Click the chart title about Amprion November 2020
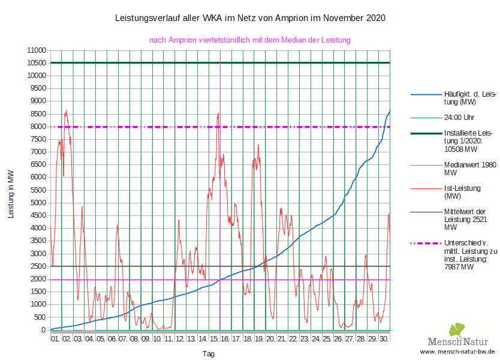pyautogui.click(x=249, y=18)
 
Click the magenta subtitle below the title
pyautogui.click(x=249, y=40)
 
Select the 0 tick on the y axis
pyautogui.click(x=43, y=330)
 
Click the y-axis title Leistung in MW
pyautogui.click(x=11, y=193)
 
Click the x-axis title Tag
pyautogui.click(x=208, y=354)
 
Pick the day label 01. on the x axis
pyautogui.click(x=55, y=339)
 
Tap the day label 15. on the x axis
pyautogui.click(x=214, y=339)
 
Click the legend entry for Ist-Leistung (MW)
pyautogui.click(x=462, y=192)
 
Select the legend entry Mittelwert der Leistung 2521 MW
pyautogui.click(x=465, y=220)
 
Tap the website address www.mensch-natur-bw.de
pyautogui.click(x=457, y=352)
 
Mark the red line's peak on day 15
pyautogui.click(x=218, y=112)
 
